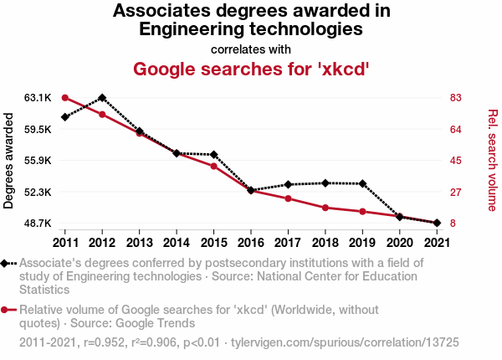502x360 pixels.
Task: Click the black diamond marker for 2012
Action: [102, 98]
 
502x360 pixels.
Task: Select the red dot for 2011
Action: [64, 98]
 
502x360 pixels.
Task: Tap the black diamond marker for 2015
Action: [213, 155]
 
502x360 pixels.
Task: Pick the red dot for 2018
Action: [325, 208]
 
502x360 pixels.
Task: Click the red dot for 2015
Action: [213, 166]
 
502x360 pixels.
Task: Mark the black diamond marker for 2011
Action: [64, 117]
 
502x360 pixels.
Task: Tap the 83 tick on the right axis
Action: [456, 98]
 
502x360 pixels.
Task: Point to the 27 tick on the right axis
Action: [456, 193]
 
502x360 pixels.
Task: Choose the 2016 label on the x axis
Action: [250, 243]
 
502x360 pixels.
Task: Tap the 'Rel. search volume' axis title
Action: [493, 159]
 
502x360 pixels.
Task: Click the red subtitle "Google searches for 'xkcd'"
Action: [251, 68]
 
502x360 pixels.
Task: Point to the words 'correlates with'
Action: [251, 49]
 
